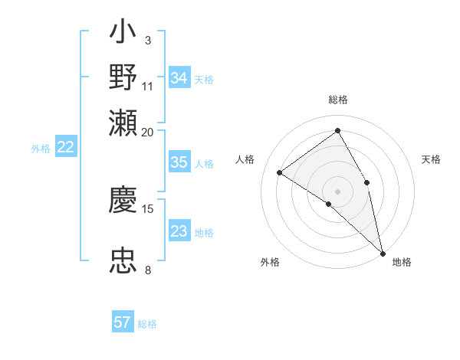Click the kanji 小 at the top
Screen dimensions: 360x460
123,34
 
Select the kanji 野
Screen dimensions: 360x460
123,77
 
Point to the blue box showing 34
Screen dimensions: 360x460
179,78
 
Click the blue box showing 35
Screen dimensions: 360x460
179,162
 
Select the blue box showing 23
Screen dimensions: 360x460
179,231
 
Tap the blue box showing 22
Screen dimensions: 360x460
65,148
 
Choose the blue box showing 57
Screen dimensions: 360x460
123,322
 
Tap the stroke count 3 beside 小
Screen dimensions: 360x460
147,39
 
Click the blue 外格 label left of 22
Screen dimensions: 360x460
41,149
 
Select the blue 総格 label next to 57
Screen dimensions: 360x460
147,323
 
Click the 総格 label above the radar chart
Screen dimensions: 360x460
338,100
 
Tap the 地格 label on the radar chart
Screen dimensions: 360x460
402,262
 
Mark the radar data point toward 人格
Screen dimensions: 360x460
280,173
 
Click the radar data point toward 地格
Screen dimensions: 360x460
382,252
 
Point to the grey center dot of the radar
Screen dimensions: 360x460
337,191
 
